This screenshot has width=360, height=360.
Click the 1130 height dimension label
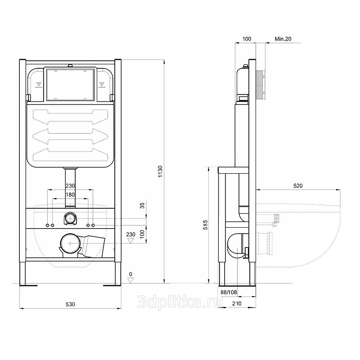pyautogui.click(x=160, y=171)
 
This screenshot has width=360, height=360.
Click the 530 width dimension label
pyautogui.click(x=71, y=304)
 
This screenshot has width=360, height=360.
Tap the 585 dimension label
pyautogui.click(x=205, y=225)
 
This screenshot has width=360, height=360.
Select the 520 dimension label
pyautogui.click(x=298, y=186)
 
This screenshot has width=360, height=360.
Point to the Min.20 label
pyautogui.click(x=283, y=39)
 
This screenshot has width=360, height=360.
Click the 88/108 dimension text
pyautogui.click(x=229, y=292)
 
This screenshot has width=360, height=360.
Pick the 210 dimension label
pyautogui.click(x=237, y=303)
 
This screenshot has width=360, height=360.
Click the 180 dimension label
pyautogui.click(x=70, y=195)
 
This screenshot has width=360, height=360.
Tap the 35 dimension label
pyautogui.click(x=142, y=205)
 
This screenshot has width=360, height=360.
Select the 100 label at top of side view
pyautogui.click(x=247, y=39)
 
